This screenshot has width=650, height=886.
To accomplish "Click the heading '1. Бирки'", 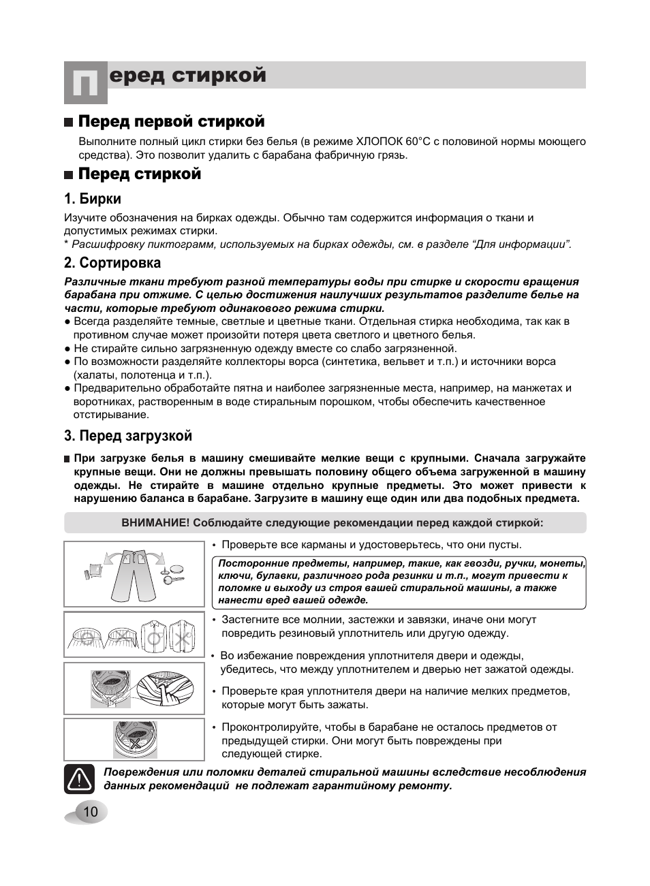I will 93,199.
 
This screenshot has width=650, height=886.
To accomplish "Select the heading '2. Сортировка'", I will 112,263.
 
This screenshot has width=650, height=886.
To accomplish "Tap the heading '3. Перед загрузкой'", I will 128,436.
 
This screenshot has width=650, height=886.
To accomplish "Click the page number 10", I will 91,812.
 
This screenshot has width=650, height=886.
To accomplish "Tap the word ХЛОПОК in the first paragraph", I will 380,142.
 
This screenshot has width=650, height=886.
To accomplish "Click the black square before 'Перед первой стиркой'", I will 68,123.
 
